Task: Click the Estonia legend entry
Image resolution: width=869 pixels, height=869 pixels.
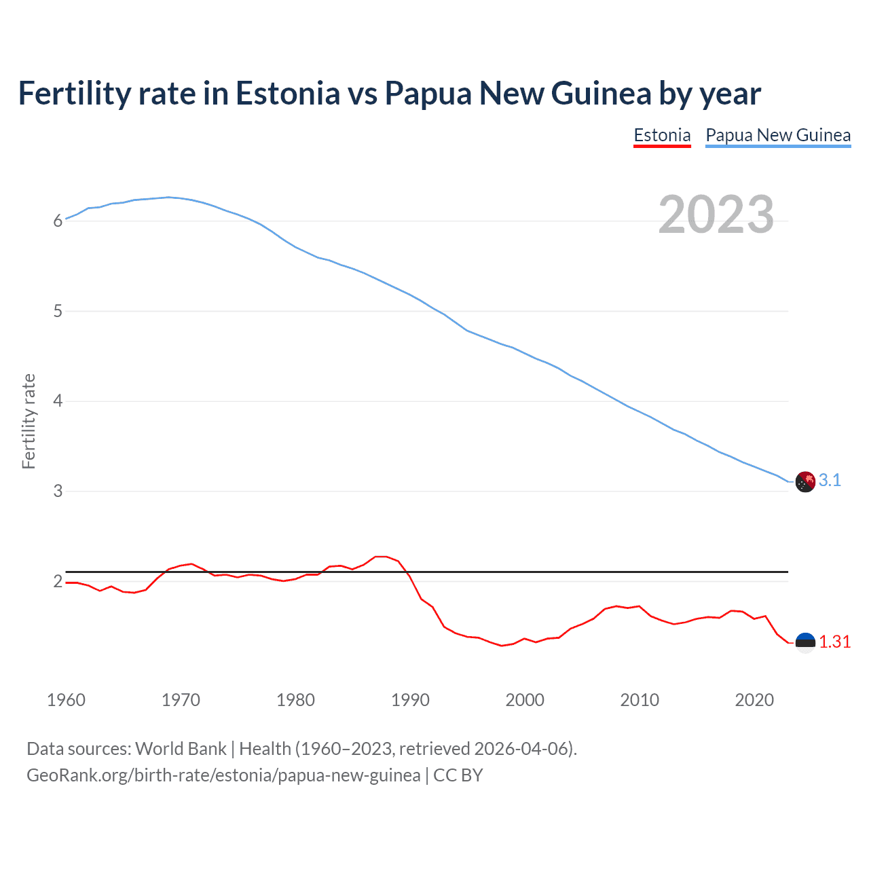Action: coord(662,135)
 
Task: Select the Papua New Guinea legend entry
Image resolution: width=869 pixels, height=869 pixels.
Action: coord(778,135)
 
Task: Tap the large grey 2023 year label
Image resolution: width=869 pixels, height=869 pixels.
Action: coord(716,215)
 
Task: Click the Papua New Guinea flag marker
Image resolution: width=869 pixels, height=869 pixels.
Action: coord(805,481)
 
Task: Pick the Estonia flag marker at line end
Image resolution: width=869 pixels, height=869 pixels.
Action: coord(805,642)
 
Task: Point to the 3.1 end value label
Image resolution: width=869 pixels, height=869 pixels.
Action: coord(830,481)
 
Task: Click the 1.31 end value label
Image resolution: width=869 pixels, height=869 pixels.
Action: coord(834,642)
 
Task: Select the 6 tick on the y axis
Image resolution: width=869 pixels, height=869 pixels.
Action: coord(58,221)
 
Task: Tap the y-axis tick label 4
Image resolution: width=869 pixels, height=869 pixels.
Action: coord(58,401)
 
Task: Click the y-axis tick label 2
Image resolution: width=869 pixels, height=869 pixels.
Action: coord(58,581)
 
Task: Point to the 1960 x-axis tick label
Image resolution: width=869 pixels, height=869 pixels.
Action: coord(66,700)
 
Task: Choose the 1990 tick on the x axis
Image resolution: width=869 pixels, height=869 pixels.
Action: coord(410,700)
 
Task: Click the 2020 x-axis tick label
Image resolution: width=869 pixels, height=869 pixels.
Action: coord(754,700)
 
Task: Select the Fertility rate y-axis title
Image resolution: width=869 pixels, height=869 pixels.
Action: coord(29,421)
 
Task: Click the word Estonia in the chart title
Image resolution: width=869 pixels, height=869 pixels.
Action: coord(287,93)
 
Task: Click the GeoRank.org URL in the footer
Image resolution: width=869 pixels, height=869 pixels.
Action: coord(223,775)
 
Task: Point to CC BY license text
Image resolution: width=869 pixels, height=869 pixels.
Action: coord(458,775)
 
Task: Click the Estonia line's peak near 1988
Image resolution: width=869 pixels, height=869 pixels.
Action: coord(381,557)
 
